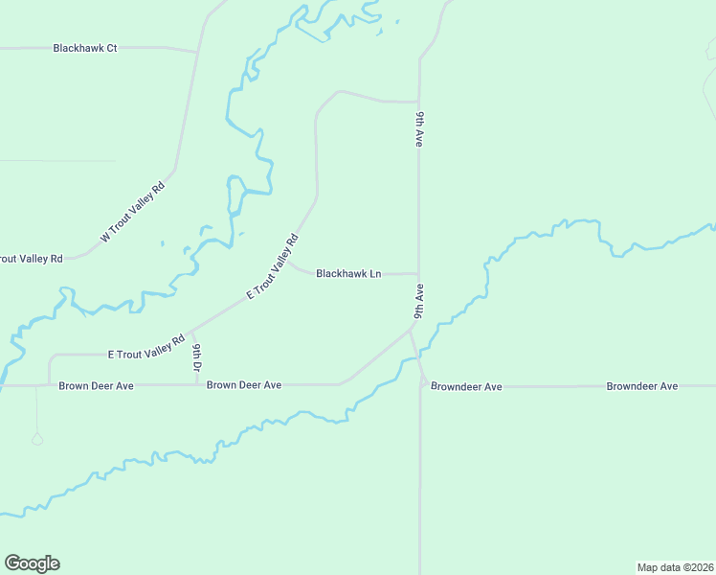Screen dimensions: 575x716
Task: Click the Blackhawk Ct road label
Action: [85, 48]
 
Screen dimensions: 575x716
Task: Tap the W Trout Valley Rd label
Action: [133, 212]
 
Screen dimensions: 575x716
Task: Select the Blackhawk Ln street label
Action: [348, 274]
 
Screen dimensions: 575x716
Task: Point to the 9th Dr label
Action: [196, 357]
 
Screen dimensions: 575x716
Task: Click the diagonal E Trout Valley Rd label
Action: [273, 266]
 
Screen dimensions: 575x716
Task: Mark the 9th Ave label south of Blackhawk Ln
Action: [419, 300]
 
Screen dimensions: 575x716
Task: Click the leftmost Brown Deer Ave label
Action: [96, 385]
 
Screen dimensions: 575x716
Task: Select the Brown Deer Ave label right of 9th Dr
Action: [244, 385]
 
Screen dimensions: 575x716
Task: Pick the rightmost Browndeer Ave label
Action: [641, 386]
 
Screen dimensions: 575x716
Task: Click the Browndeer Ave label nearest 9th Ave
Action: [466, 387]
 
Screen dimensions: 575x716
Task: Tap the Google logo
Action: [32, 563]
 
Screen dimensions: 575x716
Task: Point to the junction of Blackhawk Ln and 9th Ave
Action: [419, 274]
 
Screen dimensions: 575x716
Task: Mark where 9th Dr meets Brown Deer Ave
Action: [196, 385]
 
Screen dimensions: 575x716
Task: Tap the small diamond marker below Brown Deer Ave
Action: [37, 439]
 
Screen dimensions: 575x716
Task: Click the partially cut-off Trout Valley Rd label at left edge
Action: [31, 259]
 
